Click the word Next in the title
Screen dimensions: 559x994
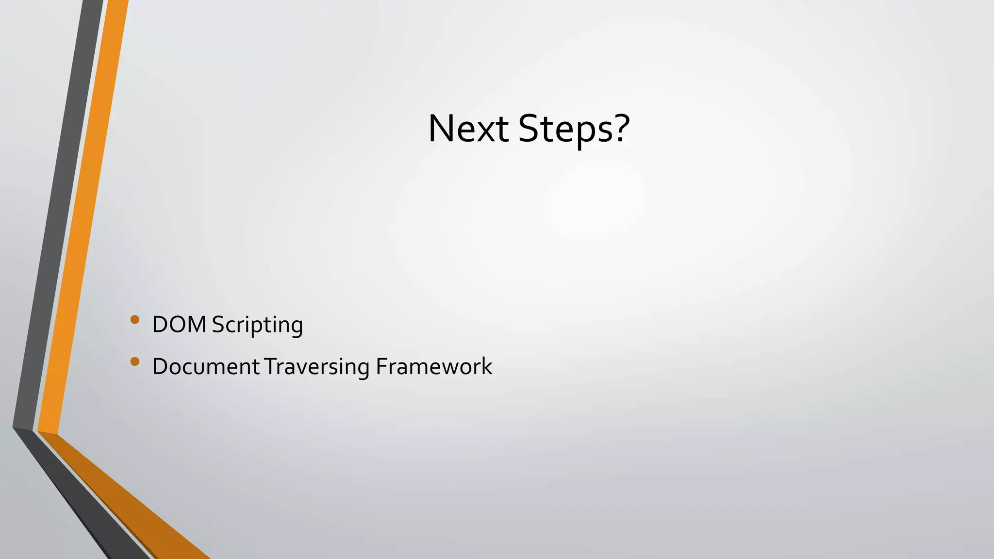click(x=468, y=129)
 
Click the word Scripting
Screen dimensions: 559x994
click(x=257, y=325)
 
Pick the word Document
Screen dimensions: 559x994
click(x=206, y=366)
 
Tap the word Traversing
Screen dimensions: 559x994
click(x=317, y=367)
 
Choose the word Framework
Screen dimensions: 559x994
click(x=434, y=366)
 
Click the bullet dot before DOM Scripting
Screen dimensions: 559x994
click(x=135, y=319)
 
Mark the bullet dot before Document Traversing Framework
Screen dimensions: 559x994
click(x=135, y=361)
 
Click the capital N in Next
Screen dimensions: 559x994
click(x=440, y=129)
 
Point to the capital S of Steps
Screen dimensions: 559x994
click(x=529, y=129)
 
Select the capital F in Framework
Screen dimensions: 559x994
click(x=381, y=366)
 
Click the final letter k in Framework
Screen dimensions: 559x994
click(x=487, y=366)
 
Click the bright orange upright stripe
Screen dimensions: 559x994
click(x=83, y=218)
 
